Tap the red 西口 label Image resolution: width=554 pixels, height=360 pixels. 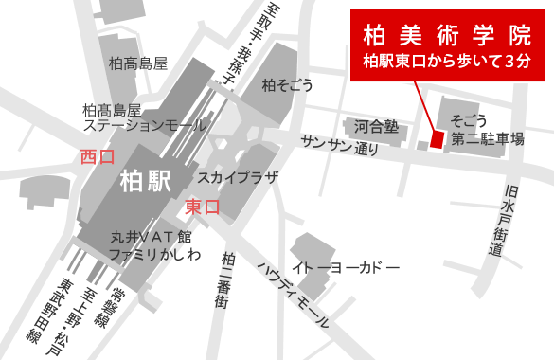coord(98,156)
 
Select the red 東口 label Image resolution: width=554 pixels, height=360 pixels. coord(202,206)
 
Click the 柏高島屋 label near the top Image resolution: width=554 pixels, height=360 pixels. coord(138,63)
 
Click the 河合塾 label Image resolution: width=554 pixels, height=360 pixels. coord(375,125)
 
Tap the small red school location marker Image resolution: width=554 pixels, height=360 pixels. coord(437,138)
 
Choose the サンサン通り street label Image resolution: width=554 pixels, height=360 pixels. coord(340,145)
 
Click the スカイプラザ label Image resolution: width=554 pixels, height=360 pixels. coord(238,177)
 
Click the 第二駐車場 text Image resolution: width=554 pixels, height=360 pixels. coord(487,139)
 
